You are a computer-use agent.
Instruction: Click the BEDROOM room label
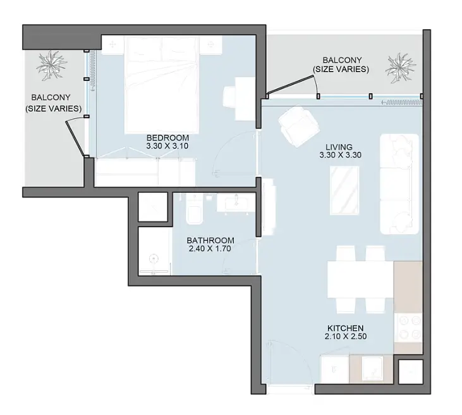click(x=167, y=138)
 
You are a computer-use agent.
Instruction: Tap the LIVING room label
click(x=339, y=147)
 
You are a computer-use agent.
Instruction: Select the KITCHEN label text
click(x=345, y=328)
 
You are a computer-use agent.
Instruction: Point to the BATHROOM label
click(x=210, y=240)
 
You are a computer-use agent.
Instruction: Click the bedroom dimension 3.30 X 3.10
click(x=167, y=146)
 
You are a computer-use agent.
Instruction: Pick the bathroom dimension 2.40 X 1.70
click(x=210, y=249)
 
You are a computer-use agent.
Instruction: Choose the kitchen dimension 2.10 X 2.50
click(x=346, y=337)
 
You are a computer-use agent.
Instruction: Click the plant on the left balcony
click(x=51, y=66)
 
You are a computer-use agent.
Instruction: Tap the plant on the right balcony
click(x=401, y=68)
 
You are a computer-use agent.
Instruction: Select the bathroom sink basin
click(x=236, y=203)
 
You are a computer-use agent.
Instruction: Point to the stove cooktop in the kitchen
click(x=408, y=328)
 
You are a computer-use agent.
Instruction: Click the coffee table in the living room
click(x=344, y=190)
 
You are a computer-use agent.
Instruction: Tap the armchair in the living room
click(x=299, y=126)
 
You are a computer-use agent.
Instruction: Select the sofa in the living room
click(x=399, y=184)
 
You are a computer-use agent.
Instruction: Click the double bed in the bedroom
click(x=161, y=85)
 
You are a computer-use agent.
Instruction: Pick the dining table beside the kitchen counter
click(x=360, y=280)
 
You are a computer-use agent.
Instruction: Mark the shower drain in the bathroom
click(x=154, y=259)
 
